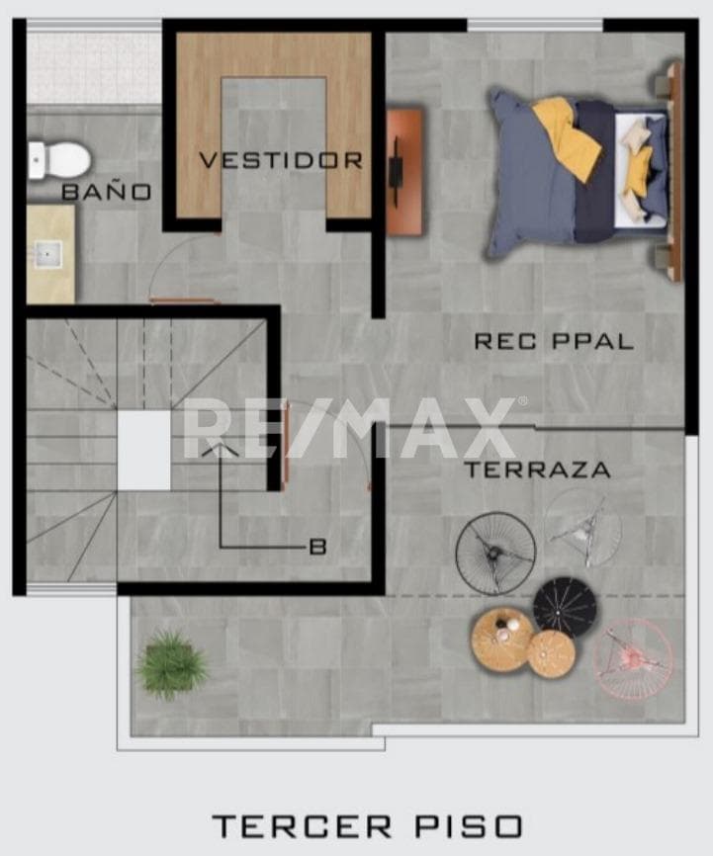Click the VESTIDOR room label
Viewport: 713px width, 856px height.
(x=281, y=160)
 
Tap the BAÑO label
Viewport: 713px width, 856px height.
(x=107, y=191)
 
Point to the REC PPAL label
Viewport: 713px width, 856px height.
(x=554, y=341)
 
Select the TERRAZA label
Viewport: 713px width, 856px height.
(x=537, y=470)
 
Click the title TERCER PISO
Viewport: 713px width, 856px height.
(x=367, y=826)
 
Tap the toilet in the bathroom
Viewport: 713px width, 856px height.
(x=58, y=160)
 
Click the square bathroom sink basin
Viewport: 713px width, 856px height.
(x=48, y=254)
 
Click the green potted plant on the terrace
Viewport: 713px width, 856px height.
(x=171, y=663)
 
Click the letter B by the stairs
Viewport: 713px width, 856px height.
(x=317, y=547)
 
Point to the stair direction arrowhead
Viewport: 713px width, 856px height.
(x=220, y=449)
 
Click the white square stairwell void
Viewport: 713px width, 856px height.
(x=144, y=451)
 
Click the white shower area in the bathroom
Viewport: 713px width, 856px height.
(x=94, y=67)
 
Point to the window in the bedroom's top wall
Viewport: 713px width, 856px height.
(x=535, y=25)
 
